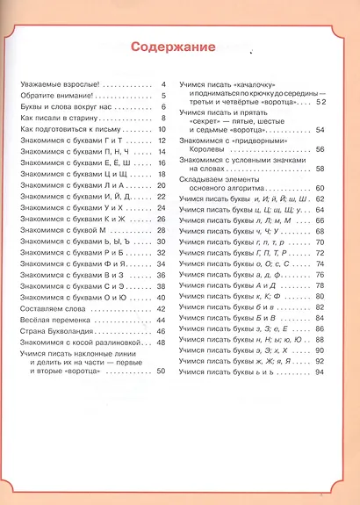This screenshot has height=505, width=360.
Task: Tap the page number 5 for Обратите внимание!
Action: coord(163,96)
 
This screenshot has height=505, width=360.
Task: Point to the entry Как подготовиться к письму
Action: coord(63,129)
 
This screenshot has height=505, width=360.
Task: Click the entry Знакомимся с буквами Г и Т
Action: coord(68,141)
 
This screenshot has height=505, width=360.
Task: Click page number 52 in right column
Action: coord(320,102)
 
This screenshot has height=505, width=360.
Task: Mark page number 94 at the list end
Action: coord(320,372)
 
